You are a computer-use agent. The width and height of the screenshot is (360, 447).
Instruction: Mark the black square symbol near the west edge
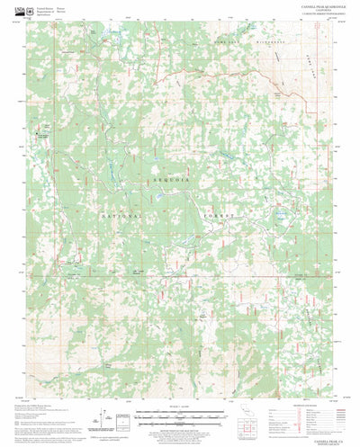tap(38, 135)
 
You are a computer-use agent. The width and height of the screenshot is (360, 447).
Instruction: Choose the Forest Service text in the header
tap(59, 7)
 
